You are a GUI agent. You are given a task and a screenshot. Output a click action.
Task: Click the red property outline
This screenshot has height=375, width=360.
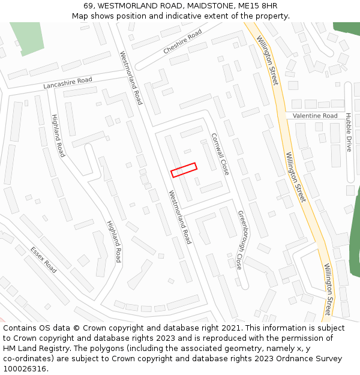coord(184,170)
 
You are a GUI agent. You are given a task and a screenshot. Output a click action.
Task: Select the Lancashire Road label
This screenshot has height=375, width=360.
coord(68,83)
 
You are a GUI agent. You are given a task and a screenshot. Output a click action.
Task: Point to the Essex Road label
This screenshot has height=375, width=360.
coord(43,260)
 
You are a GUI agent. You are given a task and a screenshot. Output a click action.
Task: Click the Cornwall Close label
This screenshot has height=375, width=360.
coord(220,154)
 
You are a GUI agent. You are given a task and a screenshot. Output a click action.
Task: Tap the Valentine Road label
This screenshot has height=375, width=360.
coord(315,116)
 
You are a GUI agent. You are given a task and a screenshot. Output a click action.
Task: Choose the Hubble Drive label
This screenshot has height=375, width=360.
coord(349,132)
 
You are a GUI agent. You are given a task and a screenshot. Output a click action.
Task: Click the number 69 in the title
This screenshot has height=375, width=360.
coord(88,6)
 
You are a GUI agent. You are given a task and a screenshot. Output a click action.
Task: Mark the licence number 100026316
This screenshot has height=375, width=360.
coord(25,369)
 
